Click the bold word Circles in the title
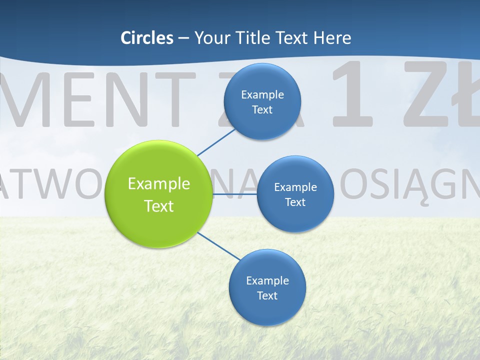[146, 38]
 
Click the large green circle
[158, 220]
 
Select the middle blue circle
[295, 215]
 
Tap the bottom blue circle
[267, 310]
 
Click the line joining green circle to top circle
[216, 141]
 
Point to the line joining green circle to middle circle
[234, 193]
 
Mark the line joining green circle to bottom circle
[218, 245]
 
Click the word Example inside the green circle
[158, 183]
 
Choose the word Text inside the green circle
[158, 206]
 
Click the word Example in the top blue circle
[262, 94]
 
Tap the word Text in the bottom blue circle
[267, 295]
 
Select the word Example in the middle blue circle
[295, 187]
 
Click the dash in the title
[183, 38]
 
